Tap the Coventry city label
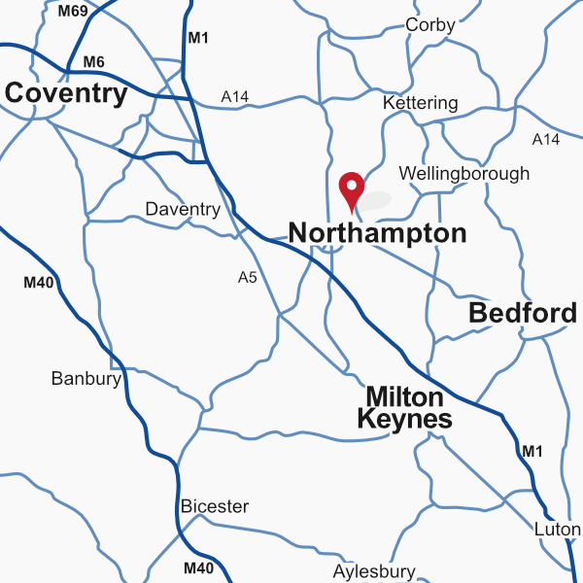click(x=66, y=93)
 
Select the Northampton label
click(x=377, y=233)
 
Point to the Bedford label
click(x=522, y=313)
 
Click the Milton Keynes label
click(x=404, y=408)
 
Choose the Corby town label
click(x=429, y=25)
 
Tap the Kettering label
click(x=420, y=103)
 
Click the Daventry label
click(x=183, y=209)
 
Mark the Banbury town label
click(x=86, y=379)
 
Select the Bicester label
click(x=215, y=506)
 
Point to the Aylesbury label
click(x=374, y=571)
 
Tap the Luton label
click(x=557, y=530)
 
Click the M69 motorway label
click(x=72, y=12)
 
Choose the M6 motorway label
click(x=93, y=62)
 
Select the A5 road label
click(x=248, y=278)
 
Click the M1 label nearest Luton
click(x=532, y=451)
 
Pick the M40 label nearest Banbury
click(x=38, y=284)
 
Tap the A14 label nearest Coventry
click(x=235, y=96)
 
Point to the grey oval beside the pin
click(x=375, y=200)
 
